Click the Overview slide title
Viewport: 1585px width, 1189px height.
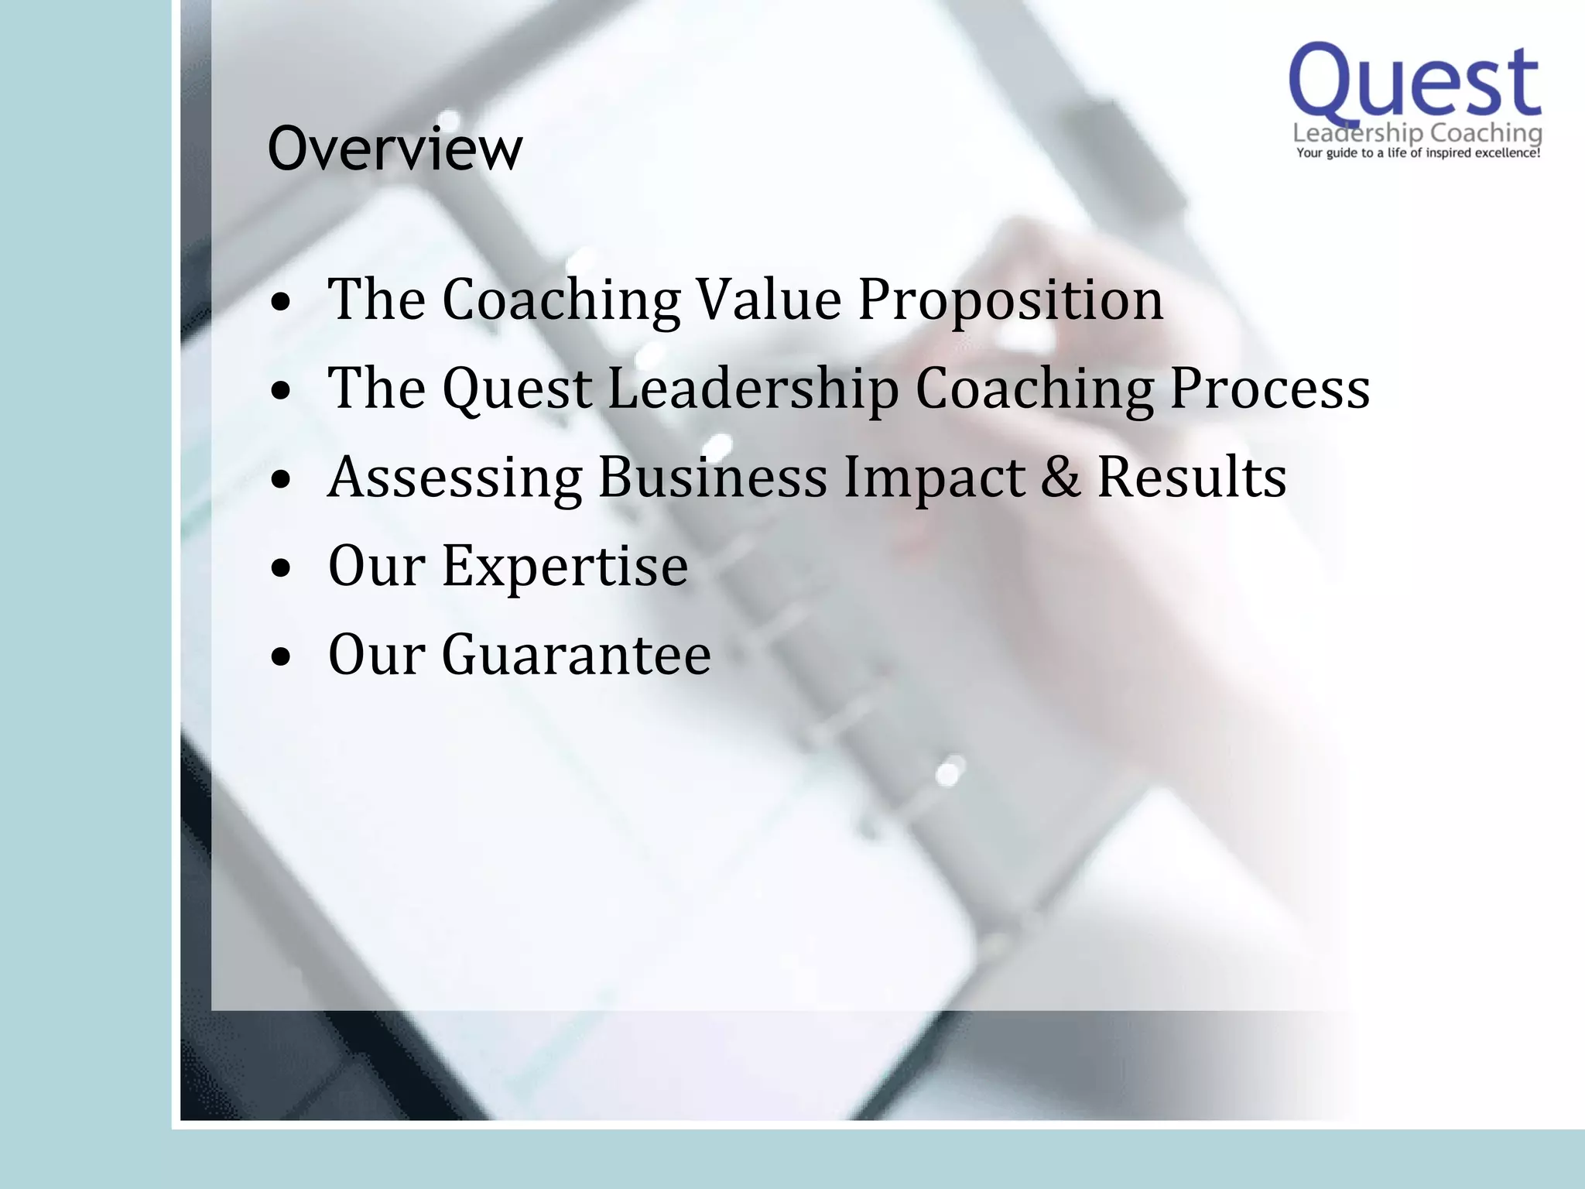point(395,149)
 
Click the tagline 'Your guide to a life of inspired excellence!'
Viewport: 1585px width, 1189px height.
point(1418,153)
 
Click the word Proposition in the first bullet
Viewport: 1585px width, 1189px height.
point(1011,300)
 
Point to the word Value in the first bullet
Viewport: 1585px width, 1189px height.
point(769,300)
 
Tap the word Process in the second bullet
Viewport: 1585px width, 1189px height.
point(1269,389)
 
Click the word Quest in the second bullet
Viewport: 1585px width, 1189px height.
point(517,389)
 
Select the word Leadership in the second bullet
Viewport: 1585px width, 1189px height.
point(753,389)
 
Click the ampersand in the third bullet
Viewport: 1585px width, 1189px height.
point(1060,477)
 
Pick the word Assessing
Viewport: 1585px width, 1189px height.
point(455,477)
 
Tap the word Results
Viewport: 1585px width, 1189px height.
point(1192,477)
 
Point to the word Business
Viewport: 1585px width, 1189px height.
point(713,477)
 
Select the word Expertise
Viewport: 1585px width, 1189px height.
point(565,566)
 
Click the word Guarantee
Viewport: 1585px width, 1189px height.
point(577,655)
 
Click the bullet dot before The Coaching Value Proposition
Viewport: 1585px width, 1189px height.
point(282,303)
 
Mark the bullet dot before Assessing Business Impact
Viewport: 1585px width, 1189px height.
point(282,480)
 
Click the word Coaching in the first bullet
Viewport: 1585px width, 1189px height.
point(561,300)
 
